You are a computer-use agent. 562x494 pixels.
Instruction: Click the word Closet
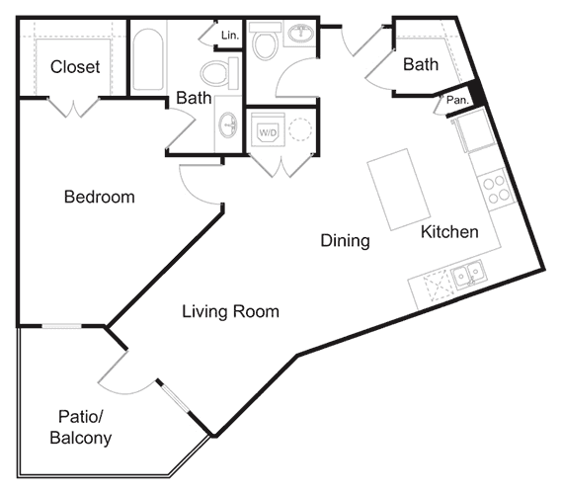click(x=75, y=67)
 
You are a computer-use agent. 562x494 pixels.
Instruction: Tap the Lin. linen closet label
click(x=229, y=36)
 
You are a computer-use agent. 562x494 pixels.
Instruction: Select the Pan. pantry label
click(x=456, y=100)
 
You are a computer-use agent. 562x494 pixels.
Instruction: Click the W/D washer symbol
click(x=268, y=130)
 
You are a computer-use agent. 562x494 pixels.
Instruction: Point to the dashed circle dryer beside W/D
click(x=298, y=129)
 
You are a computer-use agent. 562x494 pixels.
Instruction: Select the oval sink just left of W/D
click(x=228, y=125)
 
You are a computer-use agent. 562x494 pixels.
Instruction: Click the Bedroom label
click(x=99, y=197)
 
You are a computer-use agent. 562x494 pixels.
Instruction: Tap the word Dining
click(x=345, y=240)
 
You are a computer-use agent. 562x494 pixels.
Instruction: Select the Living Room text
click(x=230, y=311)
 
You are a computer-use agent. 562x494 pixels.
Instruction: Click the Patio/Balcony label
click(x=80, y=428)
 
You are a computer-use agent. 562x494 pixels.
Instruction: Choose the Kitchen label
click(x=449, y=232)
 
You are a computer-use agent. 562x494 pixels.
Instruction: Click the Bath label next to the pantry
click(x=420, y=65)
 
